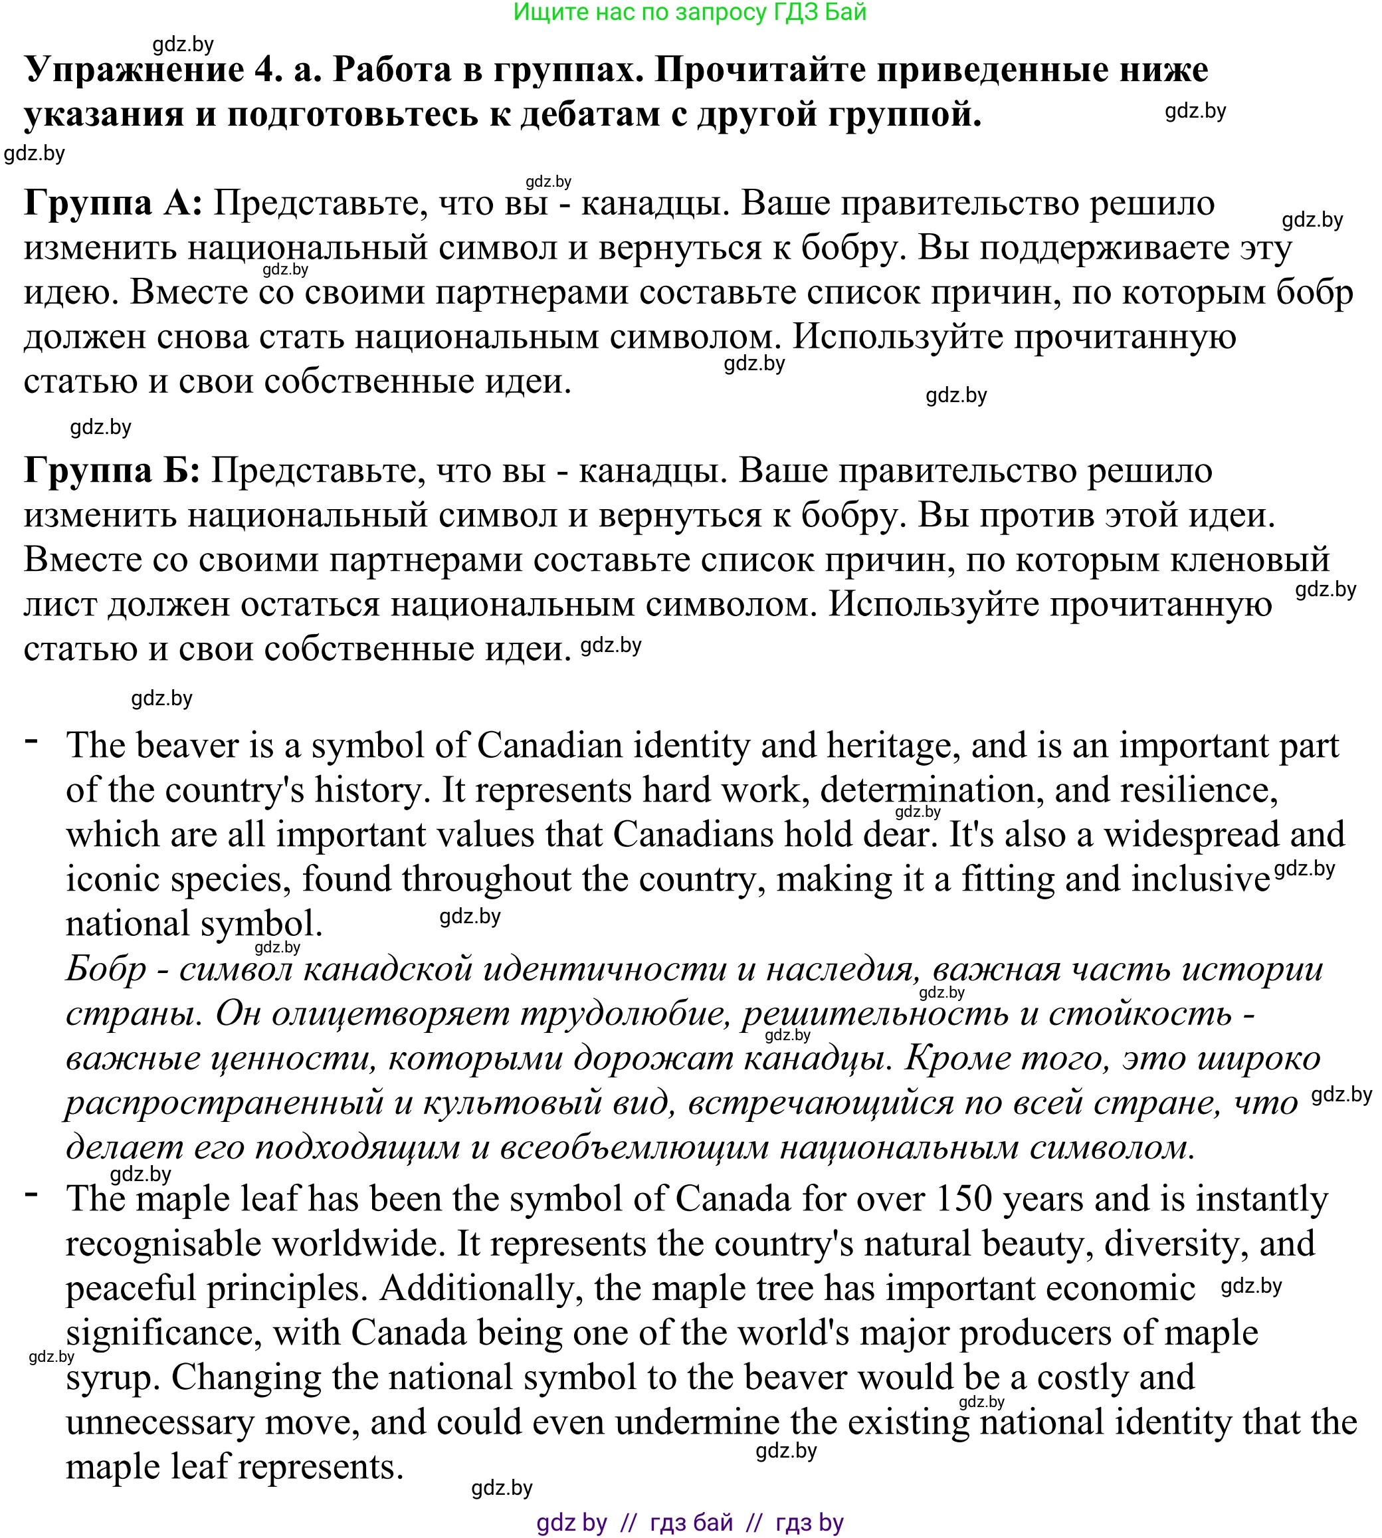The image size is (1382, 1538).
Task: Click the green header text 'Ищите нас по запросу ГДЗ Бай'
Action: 690,12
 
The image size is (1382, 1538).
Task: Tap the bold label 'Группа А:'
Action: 113,203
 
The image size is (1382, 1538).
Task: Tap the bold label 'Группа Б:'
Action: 112,471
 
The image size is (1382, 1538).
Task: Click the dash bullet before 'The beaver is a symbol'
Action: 32,740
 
